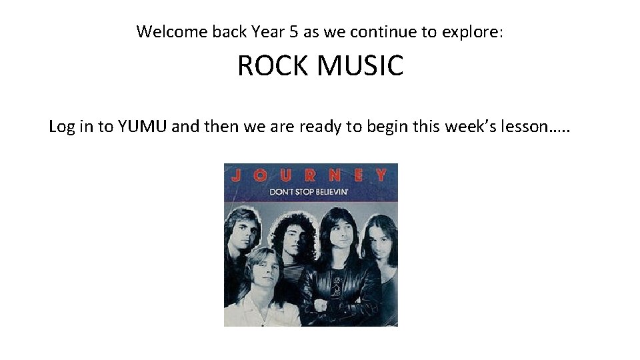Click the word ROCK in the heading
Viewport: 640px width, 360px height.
[x=265, y=66]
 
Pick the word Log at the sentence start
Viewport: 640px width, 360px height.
[x=61, y=127]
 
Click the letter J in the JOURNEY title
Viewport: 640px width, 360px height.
[x=235, y=176]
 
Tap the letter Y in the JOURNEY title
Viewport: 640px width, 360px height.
[x=381, y=176]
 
